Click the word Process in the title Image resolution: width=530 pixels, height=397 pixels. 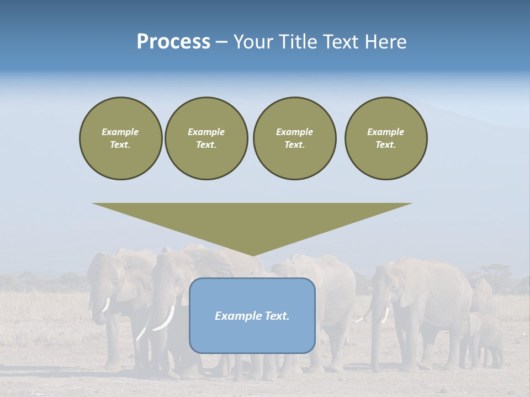click(x=173, y=42)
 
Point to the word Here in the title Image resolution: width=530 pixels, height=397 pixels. click(x=386, y=42)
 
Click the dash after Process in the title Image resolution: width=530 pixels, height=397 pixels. click(x=222, y=42)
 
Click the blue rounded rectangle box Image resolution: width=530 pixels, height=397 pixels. click(x=252, y=336)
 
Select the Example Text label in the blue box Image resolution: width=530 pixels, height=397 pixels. click(x=252, y=316)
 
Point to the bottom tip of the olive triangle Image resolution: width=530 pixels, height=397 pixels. click(x=252, y=255)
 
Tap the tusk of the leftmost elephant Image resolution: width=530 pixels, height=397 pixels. click(x=106, y=304)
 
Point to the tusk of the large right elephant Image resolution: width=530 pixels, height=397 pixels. click(x=385, y=315)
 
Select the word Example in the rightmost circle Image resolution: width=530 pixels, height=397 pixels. click(x=386, y=132)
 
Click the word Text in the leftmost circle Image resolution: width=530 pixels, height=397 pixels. click(x=120, y=144)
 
